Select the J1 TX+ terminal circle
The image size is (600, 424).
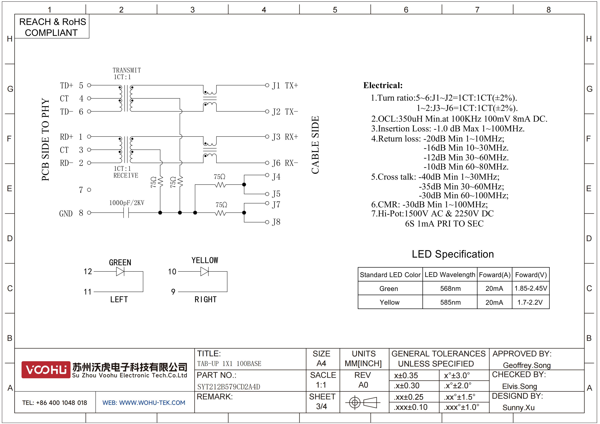click(267, 85)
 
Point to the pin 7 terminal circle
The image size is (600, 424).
click(89, 190)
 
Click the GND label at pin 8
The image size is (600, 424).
click(66, 214)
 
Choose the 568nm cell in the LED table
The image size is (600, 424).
click(450, 288)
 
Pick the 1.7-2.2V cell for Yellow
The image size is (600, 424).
click(530, 302)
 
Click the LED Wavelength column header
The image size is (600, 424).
click(450, 275)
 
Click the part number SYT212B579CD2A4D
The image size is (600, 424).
click(229, 387)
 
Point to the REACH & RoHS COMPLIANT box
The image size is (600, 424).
click(52, 26)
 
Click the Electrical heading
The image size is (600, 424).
click(383, 85)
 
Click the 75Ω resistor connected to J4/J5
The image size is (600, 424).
click(220, 185)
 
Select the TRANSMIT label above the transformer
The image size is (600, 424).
click(127, 70)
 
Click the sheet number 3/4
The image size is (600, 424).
click(321, 407)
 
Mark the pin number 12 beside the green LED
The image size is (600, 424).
click(88, 272)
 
